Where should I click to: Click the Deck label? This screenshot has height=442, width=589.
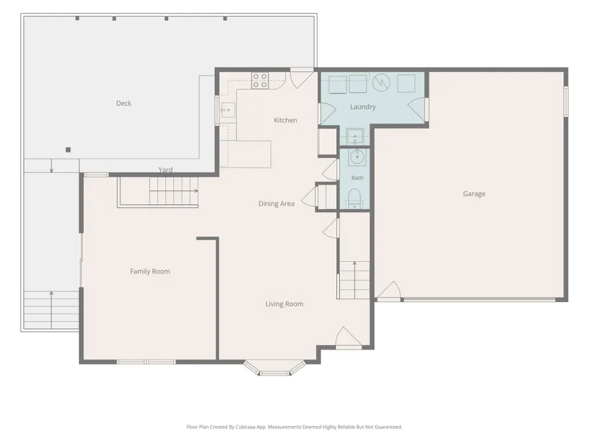tap(124, 103)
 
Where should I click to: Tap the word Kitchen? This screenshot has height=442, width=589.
tap(286, 120)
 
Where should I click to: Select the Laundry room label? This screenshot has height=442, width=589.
tap(363, 107)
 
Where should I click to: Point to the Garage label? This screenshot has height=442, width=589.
tap(474, 194)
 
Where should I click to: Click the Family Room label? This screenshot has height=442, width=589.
tap(150, 271)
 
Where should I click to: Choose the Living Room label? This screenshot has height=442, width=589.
tap(284, 304)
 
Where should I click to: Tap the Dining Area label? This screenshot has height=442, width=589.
tap(276, 203)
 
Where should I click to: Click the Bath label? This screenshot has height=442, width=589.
tap(357, 178)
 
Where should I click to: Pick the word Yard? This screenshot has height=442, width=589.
tap(165, 170)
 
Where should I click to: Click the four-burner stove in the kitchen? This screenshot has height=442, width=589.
tap(260, 80)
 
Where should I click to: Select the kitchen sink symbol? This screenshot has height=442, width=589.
tap(228, 110)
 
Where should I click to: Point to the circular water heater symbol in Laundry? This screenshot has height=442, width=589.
tap(382, 83)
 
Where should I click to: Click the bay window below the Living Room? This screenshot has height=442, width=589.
tap(275, 368)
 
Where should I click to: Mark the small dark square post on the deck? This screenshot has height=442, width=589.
tap(68, 150)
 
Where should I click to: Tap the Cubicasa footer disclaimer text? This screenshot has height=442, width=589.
tap(294, 427)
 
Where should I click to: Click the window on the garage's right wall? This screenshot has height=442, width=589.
tap(565, 101)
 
